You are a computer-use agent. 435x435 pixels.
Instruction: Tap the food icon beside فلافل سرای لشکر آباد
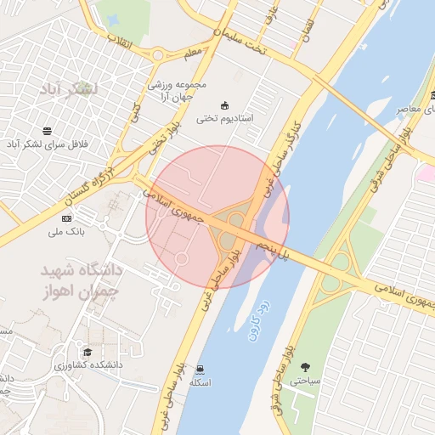(46, 131)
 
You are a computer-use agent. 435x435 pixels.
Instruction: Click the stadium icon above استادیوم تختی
(224, 105)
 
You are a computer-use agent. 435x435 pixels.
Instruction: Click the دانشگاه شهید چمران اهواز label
(82, 281)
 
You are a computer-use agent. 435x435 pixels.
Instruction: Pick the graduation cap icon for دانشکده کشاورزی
(87, 352)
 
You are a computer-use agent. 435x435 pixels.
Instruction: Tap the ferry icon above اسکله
(200, 369)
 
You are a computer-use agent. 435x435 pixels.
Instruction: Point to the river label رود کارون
(259, 320)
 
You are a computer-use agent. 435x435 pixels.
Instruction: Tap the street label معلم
(193, 53)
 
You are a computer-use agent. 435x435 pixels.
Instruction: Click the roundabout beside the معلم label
(158, 56)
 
